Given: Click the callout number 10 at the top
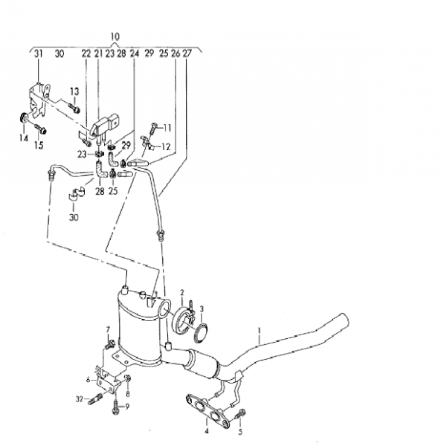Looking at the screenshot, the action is [115, 36].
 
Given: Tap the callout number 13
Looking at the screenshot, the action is [74, 91].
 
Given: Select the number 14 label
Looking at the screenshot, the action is [24, 138].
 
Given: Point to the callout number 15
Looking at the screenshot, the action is [39, 145].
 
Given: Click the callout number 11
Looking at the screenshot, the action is [167, 128].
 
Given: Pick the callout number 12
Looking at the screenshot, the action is [166, 146].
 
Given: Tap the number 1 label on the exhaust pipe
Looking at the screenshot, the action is [260, 331].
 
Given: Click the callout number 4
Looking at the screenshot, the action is [207, 431].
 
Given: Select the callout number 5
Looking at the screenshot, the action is [240, 432].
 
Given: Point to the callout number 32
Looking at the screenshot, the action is [80, 399].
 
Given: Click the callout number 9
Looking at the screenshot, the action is [127, 407].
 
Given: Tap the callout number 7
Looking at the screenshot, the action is [108, 329].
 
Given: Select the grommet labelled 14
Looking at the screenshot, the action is [24, 117].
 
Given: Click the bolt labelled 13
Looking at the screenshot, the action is [74, 108].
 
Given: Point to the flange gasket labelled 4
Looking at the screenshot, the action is [207, 410].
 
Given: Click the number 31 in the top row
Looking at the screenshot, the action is [39, 54].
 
